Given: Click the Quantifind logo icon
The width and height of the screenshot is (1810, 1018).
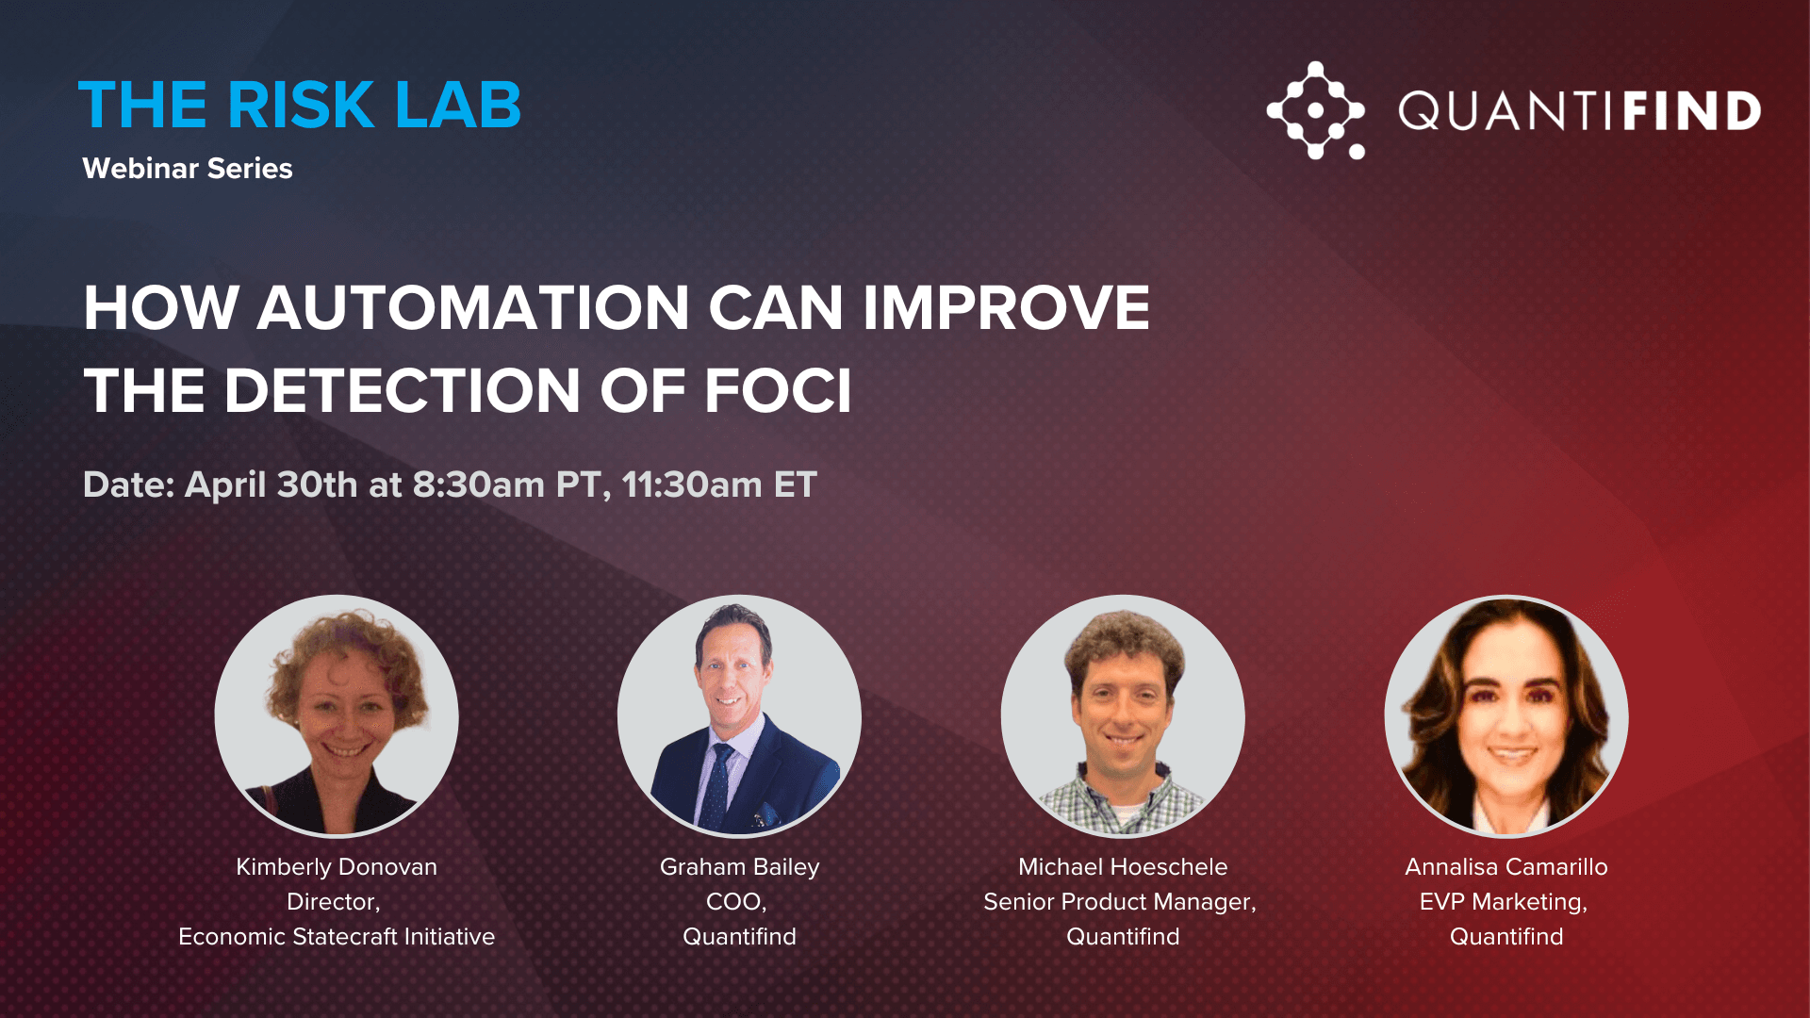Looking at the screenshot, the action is pyautogui.click(x=1316, y=110).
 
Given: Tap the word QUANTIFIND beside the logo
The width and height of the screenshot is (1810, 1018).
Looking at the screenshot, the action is pyautogui.click(x=1579, y=111).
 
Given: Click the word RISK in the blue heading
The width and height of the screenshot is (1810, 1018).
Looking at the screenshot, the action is pyautogui.click(x=301, y=105).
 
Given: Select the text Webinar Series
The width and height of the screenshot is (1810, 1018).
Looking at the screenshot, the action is pyautogui.click(x=188, y=168).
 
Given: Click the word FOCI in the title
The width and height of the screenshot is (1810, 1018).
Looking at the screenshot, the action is pyautogui.click(x=778, y=390).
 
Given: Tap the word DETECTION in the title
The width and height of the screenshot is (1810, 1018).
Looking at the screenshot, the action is pyautogui.click(x=402, y=390).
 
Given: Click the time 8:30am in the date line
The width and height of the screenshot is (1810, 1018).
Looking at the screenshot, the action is pyautogui.click(x=479, y=484).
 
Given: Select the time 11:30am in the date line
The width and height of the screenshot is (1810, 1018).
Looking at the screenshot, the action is pyautogui.click(x=692, y=484).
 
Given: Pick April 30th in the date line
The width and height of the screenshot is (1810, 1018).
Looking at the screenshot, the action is pyautogui.click(x=271, y=484).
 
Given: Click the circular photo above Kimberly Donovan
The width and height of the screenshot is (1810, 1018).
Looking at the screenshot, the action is pyautogui.click(x=337, y=716).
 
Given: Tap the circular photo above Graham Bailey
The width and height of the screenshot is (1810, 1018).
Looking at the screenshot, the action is pyautogui.click(x=739, y=716).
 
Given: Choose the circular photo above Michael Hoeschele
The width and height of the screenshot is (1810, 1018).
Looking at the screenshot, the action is pyautogui.click(x=1123, y=716).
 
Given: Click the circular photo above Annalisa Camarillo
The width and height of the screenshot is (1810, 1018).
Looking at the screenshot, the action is pyautogui.click(x=1506, y=716).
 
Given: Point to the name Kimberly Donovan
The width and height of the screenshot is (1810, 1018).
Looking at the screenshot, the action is pyautogui.click(x=337, y=867).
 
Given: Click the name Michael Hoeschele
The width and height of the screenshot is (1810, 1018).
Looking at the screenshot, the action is pyautogui.click(x=1123, y=866).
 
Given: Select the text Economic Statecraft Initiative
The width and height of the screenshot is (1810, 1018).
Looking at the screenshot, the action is pyautogui.click(x=337, y=936).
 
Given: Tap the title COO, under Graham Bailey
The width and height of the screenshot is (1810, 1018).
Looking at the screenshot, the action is pyautogui.click(x=736, y=902).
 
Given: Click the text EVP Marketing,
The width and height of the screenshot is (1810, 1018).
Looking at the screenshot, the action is pyautogui.click(x=1504, y=902).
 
